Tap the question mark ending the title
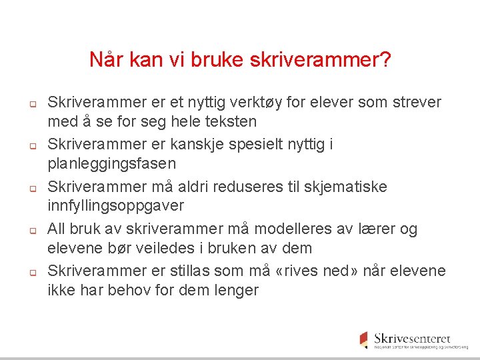point(385,61)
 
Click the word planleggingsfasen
point(112,164)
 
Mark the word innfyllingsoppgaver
point(115,206)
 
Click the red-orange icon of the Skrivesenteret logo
point(364,339)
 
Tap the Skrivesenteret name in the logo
point(412,338)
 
